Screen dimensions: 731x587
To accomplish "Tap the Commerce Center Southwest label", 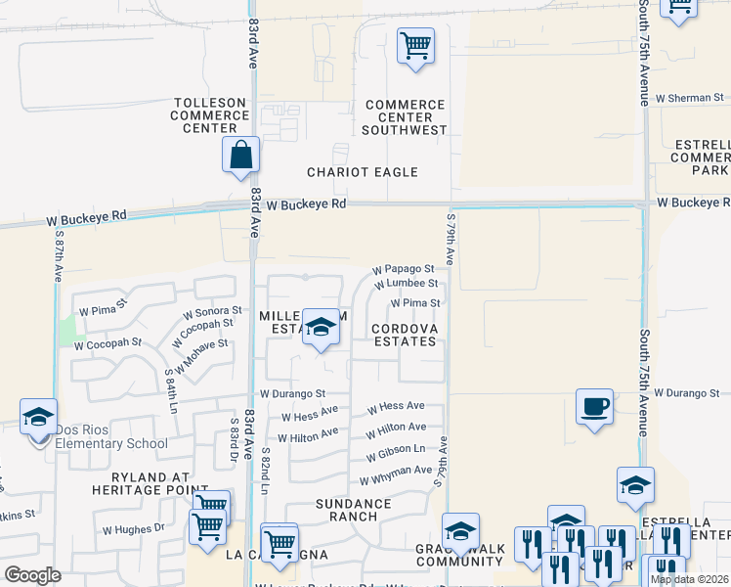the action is (x=405, y=117).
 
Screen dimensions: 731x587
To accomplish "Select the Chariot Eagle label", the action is (x=363, y=172).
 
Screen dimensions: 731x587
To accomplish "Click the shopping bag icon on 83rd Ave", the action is (x=240, y=156).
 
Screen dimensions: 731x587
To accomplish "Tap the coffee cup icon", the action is (x=593, y=407).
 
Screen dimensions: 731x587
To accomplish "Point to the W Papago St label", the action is (x=403, y=269).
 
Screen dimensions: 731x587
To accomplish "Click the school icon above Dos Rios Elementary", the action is (x=38, y=418).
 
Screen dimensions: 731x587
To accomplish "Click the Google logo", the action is (x=33, y=575).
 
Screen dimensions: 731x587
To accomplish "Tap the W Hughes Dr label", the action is (x=133, y=529).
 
